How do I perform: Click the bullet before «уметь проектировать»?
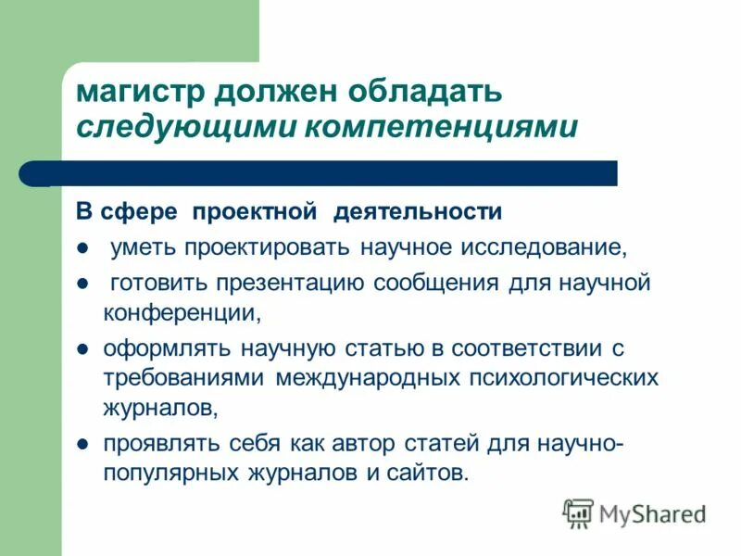(x=82, y=248)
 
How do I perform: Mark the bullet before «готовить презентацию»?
(x=82, y=283)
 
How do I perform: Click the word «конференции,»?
(x=182, y=312)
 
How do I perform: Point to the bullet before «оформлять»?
(x=82, y=350)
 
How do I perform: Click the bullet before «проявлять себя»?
(x=82, y=444)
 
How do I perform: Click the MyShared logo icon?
(x=578, y=512)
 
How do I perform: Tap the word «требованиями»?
(x=184, y=379)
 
